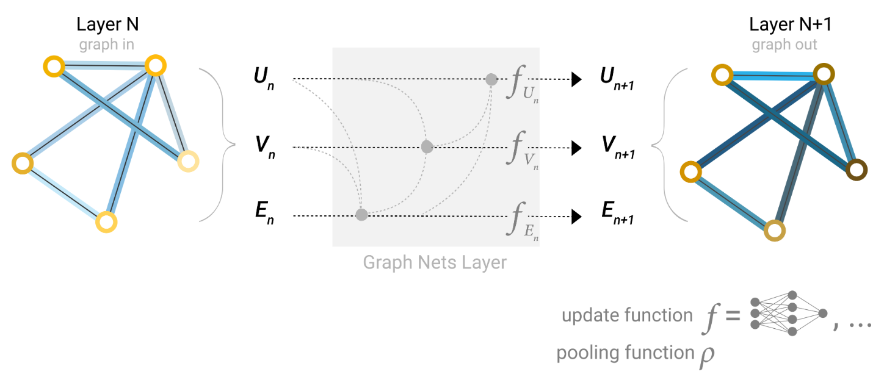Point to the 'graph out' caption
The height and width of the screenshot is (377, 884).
tap(784, 45)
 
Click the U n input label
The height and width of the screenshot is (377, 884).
tap(264, 80)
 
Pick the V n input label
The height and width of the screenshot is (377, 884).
tap(264, 148)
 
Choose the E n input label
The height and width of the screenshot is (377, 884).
tap(264, 217)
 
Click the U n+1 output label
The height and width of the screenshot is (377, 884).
tap(616, 80)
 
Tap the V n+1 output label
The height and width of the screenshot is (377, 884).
tap(616, 148)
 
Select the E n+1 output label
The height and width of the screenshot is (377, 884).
tap(616, 217)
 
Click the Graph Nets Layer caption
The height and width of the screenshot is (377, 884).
tap(435, 263)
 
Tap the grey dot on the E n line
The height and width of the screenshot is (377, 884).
tap(361, 215)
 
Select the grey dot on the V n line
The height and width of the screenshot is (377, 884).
tap(427, 147)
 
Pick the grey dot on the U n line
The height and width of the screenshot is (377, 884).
tap(491, 79)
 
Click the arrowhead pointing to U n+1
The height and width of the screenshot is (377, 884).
tap(576, 79)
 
